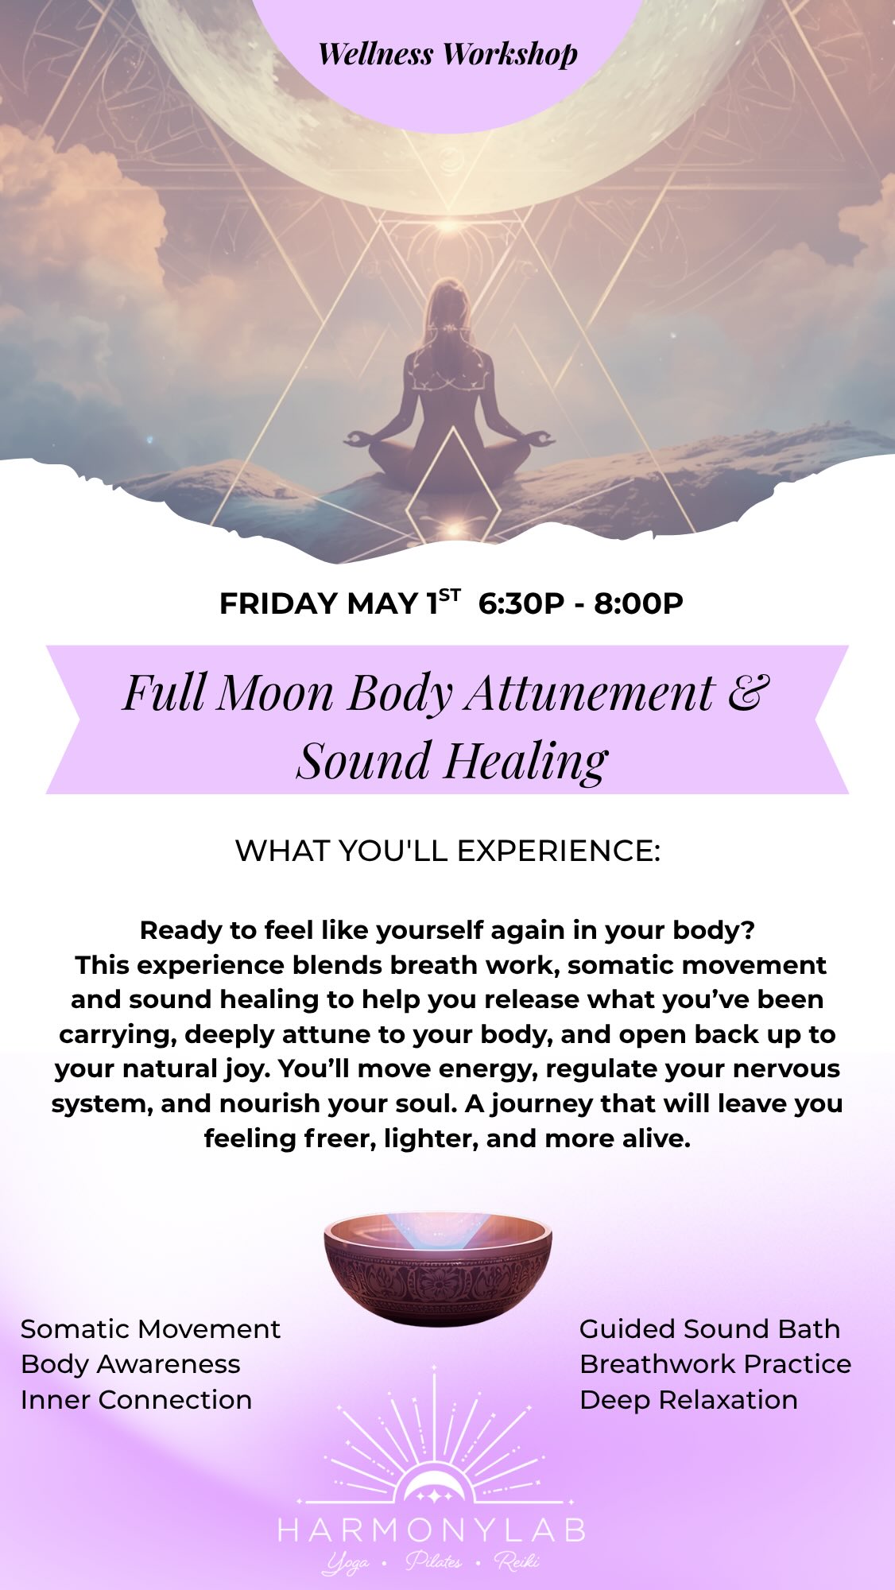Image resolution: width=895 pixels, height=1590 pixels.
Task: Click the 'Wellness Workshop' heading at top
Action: point(447,54)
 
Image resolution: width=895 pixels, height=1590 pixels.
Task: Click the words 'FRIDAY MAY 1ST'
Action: point(339,603)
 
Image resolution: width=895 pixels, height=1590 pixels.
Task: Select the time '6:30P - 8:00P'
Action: point(581,603)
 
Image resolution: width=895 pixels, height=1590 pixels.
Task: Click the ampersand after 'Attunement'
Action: point(748,691)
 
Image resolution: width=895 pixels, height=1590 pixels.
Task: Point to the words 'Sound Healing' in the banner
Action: point(451,760)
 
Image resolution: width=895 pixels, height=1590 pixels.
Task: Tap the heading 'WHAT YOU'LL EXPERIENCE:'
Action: point(447,851)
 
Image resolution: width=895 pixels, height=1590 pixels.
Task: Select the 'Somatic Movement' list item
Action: point(150,1328)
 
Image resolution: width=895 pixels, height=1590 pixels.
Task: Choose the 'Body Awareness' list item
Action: point(130,1363)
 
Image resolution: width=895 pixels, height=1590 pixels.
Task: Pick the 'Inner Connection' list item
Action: point(136,1399)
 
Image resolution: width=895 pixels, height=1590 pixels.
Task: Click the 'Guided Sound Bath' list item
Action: point(709,1328)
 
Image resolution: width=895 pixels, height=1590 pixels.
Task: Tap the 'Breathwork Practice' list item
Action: point(715,1363)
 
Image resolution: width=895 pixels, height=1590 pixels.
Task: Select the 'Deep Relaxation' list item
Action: point(688,1399)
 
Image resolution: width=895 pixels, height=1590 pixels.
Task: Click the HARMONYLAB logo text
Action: point(432,1530)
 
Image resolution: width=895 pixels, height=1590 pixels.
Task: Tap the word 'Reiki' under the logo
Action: point(517,1562)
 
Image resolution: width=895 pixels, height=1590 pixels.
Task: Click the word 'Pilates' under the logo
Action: point(434,1562)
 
